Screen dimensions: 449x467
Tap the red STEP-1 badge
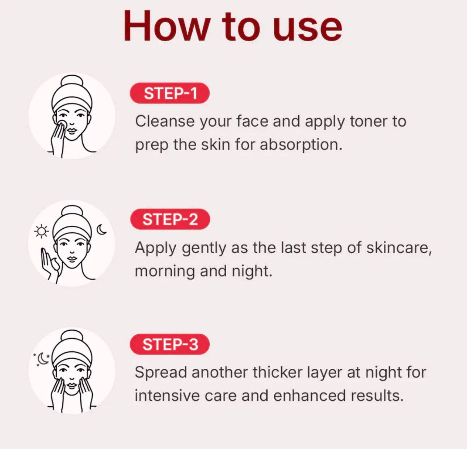170,93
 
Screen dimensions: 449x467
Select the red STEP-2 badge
170,219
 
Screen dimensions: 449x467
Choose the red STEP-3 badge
170,344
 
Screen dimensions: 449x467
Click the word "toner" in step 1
368,122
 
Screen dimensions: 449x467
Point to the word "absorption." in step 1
301,145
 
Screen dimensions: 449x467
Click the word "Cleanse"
165,122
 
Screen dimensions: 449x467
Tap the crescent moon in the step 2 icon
102,229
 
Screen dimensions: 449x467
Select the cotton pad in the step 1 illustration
62,124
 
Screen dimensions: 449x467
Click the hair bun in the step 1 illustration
72,81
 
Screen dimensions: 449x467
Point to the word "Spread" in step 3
161,372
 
